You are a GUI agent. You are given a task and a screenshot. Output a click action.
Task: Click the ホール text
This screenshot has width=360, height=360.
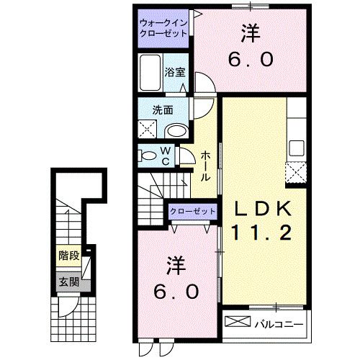click(206, 166)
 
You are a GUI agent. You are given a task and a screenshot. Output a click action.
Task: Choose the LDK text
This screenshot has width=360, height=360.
click(262, 209)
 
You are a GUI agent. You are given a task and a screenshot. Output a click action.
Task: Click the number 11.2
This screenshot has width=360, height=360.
click(262, 233)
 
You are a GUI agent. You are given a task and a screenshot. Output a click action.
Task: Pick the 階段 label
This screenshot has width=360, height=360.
click(68, 255)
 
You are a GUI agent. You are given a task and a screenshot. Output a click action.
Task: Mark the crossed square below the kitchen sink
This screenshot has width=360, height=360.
click(295, 173)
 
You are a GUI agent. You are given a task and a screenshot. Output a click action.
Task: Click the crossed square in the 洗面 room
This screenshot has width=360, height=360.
click(149, 130)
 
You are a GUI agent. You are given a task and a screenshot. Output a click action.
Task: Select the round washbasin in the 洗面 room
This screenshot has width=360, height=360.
click(175, 130)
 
